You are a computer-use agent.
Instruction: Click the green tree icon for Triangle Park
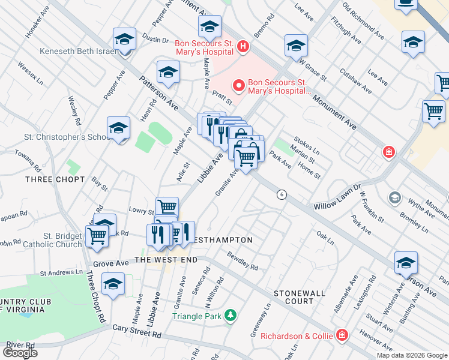coord(229,315)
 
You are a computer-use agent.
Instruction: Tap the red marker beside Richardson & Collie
coord(342,335)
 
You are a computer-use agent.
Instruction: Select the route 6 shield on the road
coord(282,194)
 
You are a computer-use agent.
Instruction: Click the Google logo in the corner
coord(20,353)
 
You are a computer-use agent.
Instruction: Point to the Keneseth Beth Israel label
coord(78,51)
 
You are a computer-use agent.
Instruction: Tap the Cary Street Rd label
coord(140,332)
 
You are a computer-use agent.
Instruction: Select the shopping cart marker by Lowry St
coord(167,208)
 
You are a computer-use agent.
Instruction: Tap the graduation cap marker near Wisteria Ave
coord(406,263)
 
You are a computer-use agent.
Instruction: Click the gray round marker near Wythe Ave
coord(394,197)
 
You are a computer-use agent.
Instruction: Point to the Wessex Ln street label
coord(30,72)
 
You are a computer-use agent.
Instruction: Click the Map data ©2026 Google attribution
coord(412,355)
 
